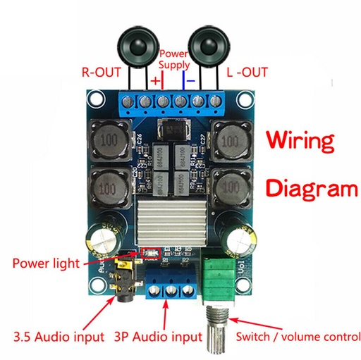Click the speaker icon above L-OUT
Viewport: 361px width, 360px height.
[209, 47]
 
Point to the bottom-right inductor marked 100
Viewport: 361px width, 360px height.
[230, 188]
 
